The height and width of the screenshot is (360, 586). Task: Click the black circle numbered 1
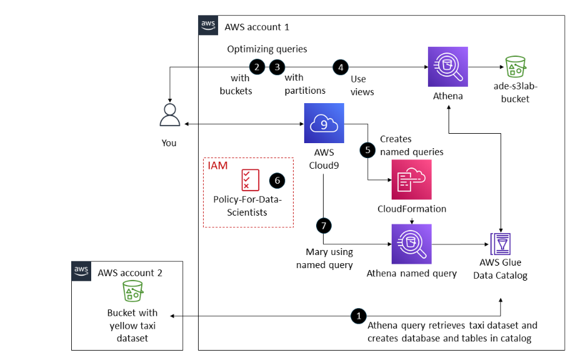coord(358,316)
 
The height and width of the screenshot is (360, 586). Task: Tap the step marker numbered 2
coord(256,66)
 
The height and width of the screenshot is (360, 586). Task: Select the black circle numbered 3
coord(277,66)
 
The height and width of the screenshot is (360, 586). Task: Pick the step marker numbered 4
coord(340,66)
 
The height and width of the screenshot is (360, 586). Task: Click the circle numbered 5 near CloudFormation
coord(367,151)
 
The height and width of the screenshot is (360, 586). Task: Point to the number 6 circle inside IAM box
coord(277,180)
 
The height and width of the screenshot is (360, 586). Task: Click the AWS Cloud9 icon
coord(323,124)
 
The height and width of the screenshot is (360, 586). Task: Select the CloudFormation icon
coord(411,179)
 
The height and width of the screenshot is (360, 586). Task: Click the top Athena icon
coord(448,67)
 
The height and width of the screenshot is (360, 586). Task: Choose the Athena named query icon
coord(411,244)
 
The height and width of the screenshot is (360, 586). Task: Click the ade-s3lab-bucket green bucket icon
coord(516,67)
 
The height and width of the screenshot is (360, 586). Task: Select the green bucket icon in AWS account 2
coord(132,291)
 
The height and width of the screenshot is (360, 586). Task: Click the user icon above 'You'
coord(169,117)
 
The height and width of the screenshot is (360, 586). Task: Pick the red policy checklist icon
coord(250,180)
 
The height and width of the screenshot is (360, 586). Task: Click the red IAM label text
coord(217,166)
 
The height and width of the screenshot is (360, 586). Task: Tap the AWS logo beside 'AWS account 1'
coord(208,26)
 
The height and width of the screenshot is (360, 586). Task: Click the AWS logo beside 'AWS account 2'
coord(82,271)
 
